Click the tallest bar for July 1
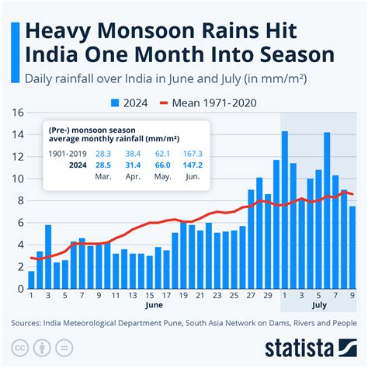(x=285, y=210)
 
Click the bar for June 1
(x=31, y=279)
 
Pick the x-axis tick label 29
(x=268, y=296)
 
